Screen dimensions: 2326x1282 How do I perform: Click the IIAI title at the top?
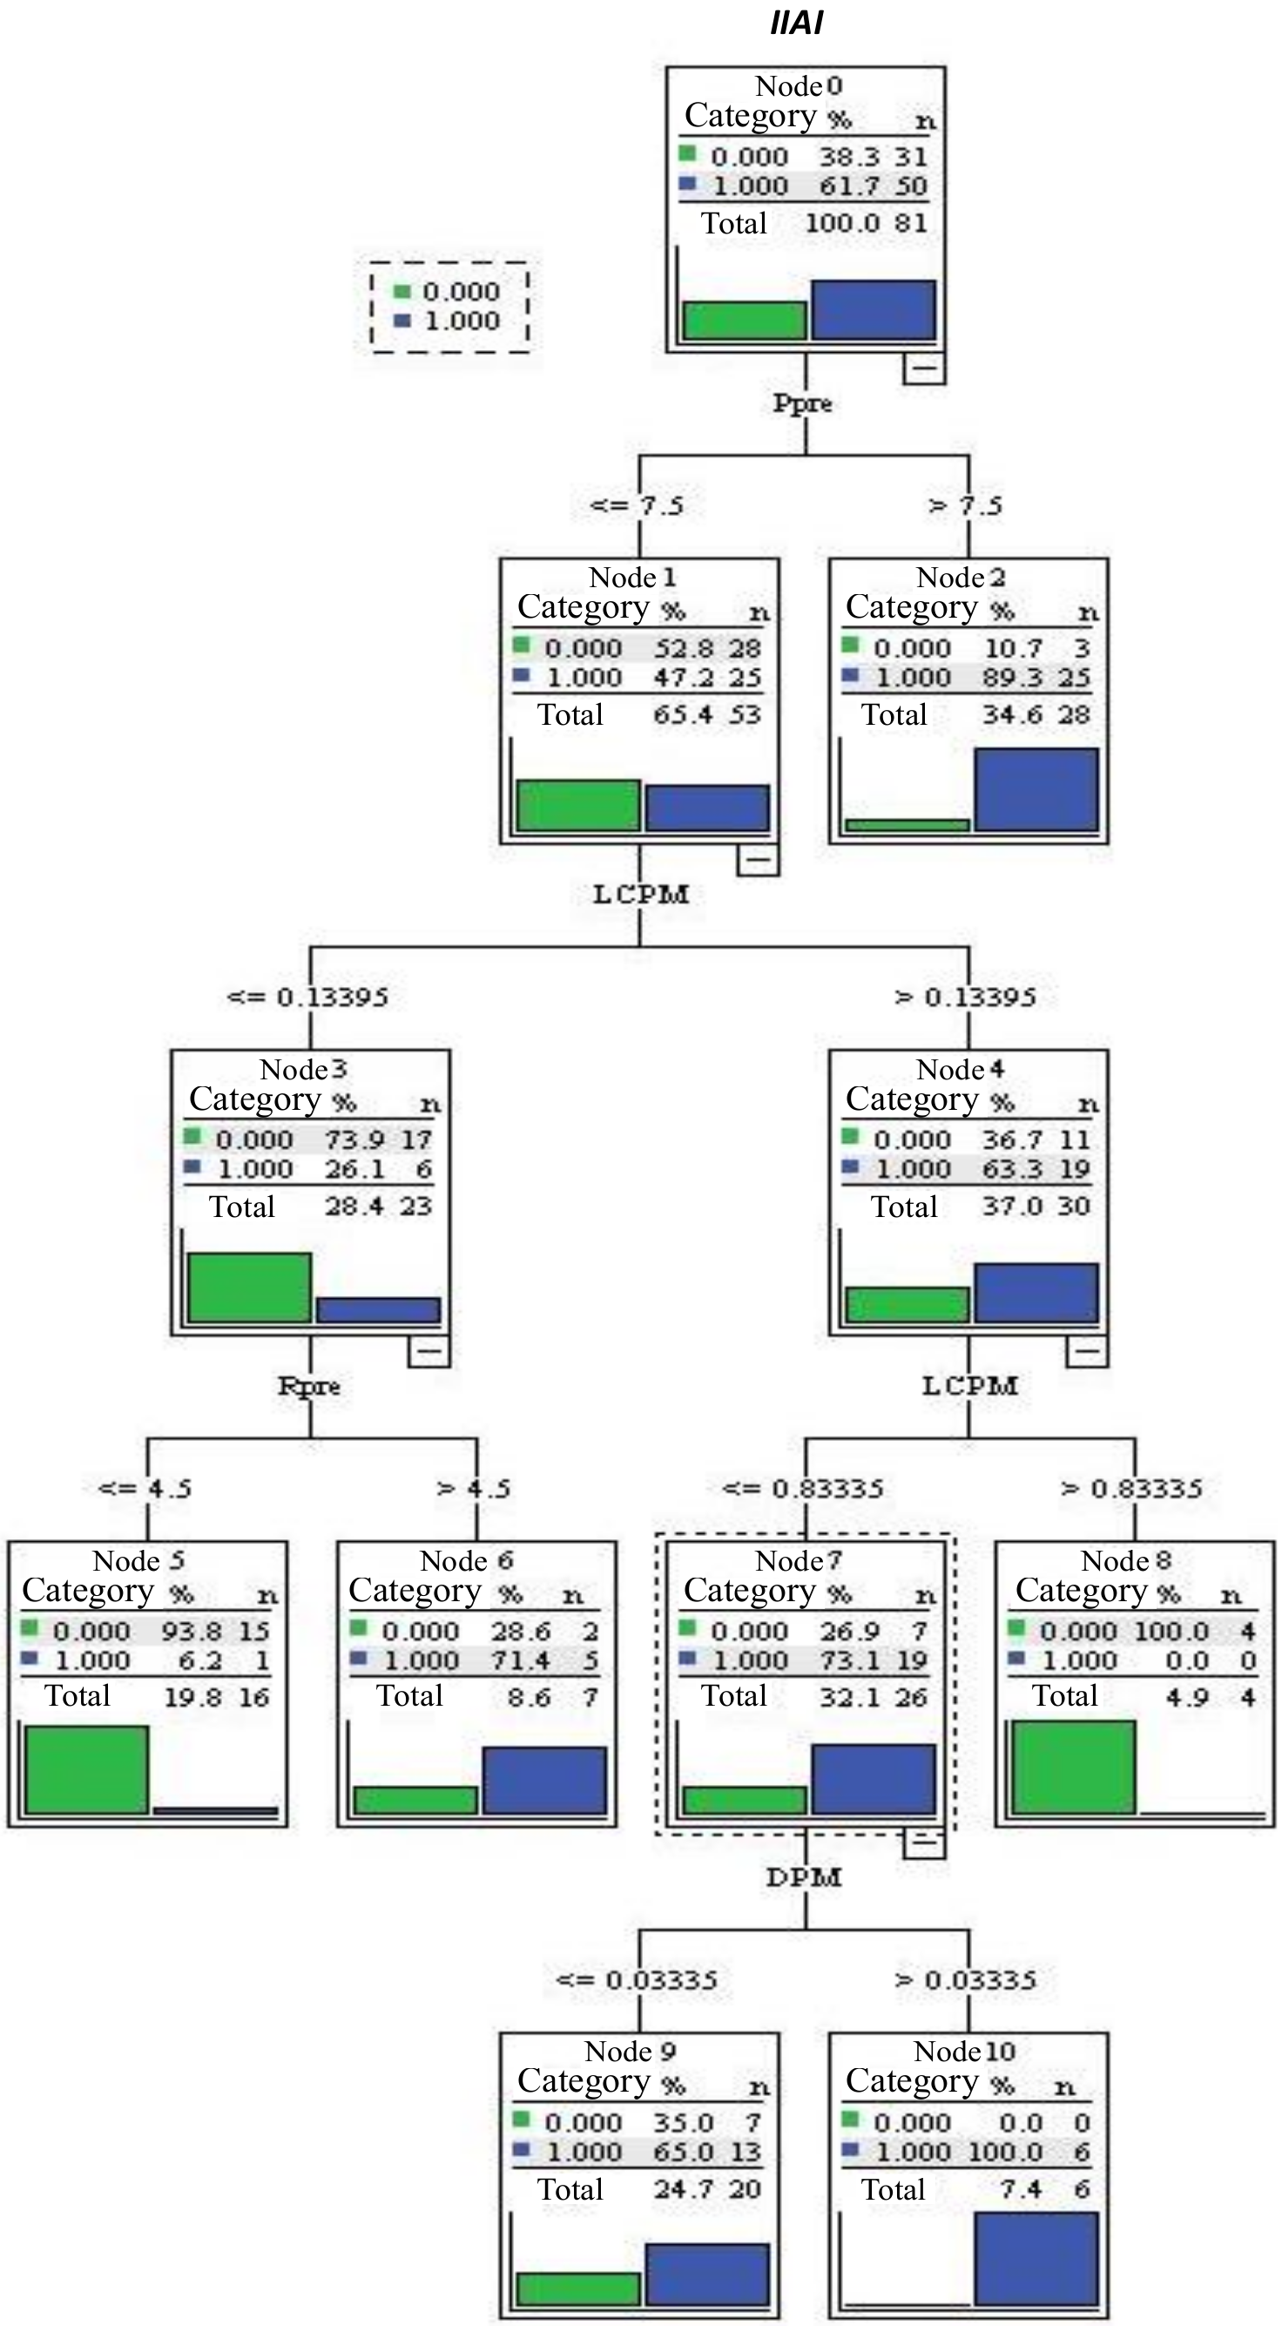796,22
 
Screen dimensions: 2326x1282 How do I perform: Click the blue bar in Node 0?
873,310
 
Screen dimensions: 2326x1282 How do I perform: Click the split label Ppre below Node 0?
803,403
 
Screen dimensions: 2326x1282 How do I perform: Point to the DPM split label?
804,1878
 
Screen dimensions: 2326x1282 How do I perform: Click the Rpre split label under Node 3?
309,1386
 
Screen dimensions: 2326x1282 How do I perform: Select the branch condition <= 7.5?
637,505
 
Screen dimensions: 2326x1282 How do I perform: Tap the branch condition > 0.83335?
1131,1489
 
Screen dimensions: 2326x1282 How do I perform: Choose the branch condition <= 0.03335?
637,1980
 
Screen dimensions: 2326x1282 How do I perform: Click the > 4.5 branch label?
474,1489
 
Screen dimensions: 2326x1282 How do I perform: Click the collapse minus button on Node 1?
759,860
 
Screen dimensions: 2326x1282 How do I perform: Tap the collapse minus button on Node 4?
1087,1352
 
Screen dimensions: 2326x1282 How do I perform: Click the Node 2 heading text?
961,577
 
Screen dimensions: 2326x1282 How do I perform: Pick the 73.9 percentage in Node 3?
354,1139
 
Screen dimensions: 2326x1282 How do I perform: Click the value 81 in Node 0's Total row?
910,223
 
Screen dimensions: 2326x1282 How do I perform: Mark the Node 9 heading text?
631,2052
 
